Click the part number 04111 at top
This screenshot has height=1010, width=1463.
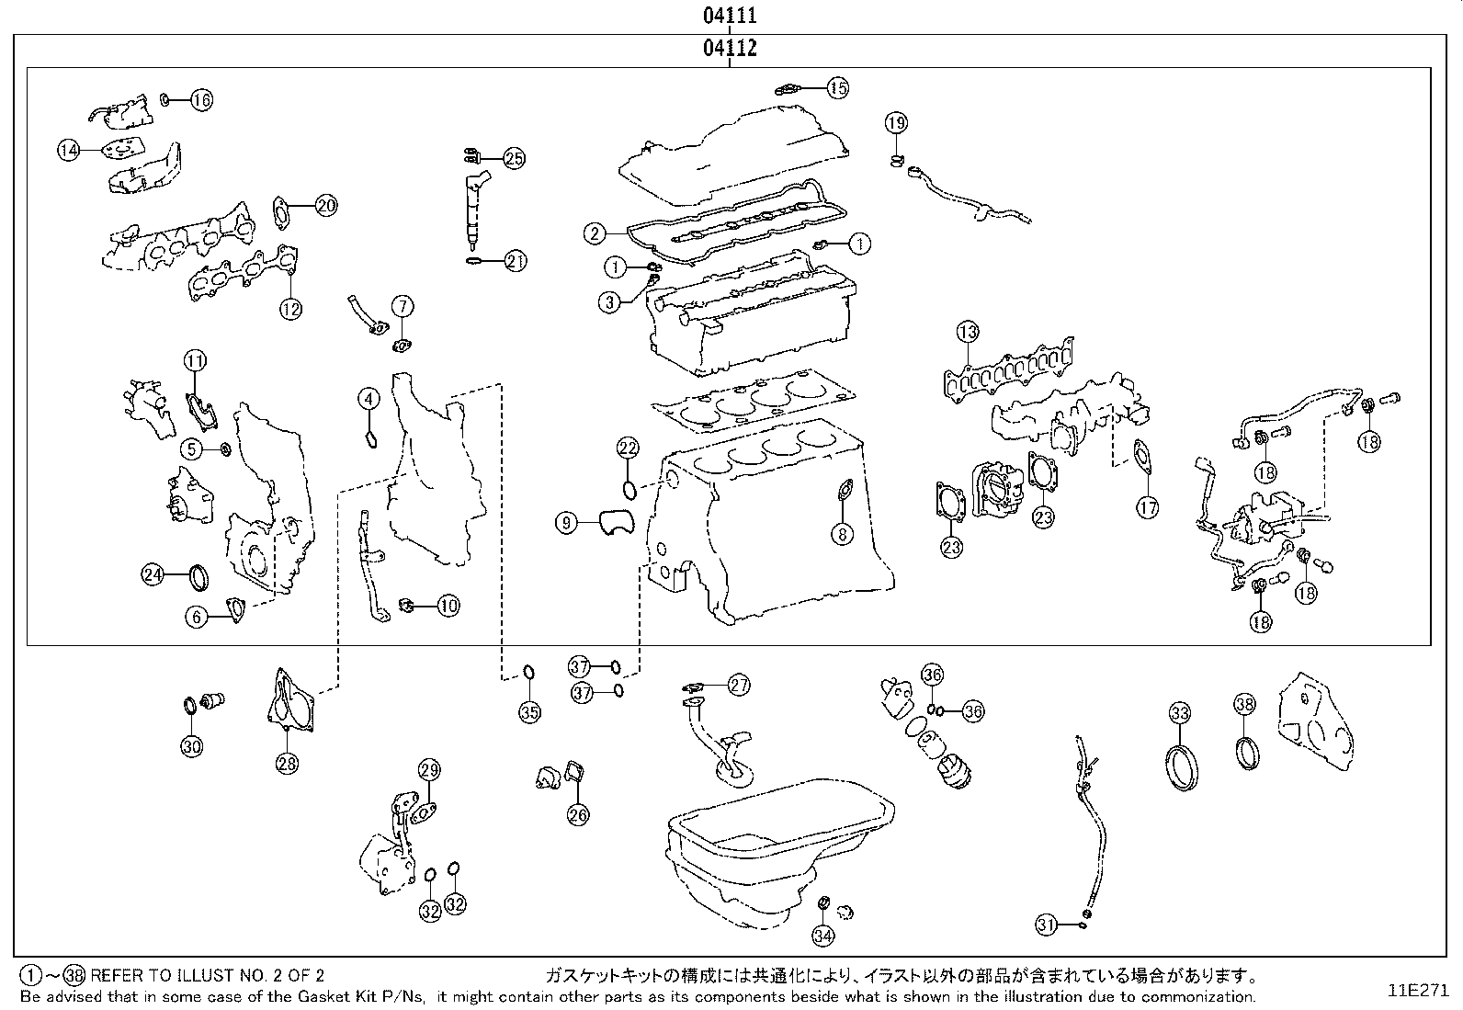point(731,16)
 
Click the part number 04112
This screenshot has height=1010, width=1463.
point(731,48)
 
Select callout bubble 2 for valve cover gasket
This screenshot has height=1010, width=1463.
point(595,233)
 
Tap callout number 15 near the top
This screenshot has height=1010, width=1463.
point(837,88)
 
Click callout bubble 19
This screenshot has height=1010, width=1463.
point(896,122)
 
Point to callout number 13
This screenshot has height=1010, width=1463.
point(967,332)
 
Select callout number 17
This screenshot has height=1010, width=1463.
point(1147,506)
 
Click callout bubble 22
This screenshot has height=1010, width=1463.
point(627,448)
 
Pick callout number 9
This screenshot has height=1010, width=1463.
point(567,523)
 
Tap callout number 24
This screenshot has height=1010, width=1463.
point(153,575)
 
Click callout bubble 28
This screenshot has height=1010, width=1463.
point(287,762)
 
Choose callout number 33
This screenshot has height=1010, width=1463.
point(1180,712)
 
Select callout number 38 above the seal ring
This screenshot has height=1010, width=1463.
point(1244,705)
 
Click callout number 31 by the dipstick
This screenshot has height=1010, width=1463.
point(1046,925)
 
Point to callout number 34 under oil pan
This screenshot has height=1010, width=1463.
point(822,936)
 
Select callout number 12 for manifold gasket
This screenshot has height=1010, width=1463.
point(290,309)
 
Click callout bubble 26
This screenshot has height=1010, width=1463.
point(577,813)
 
